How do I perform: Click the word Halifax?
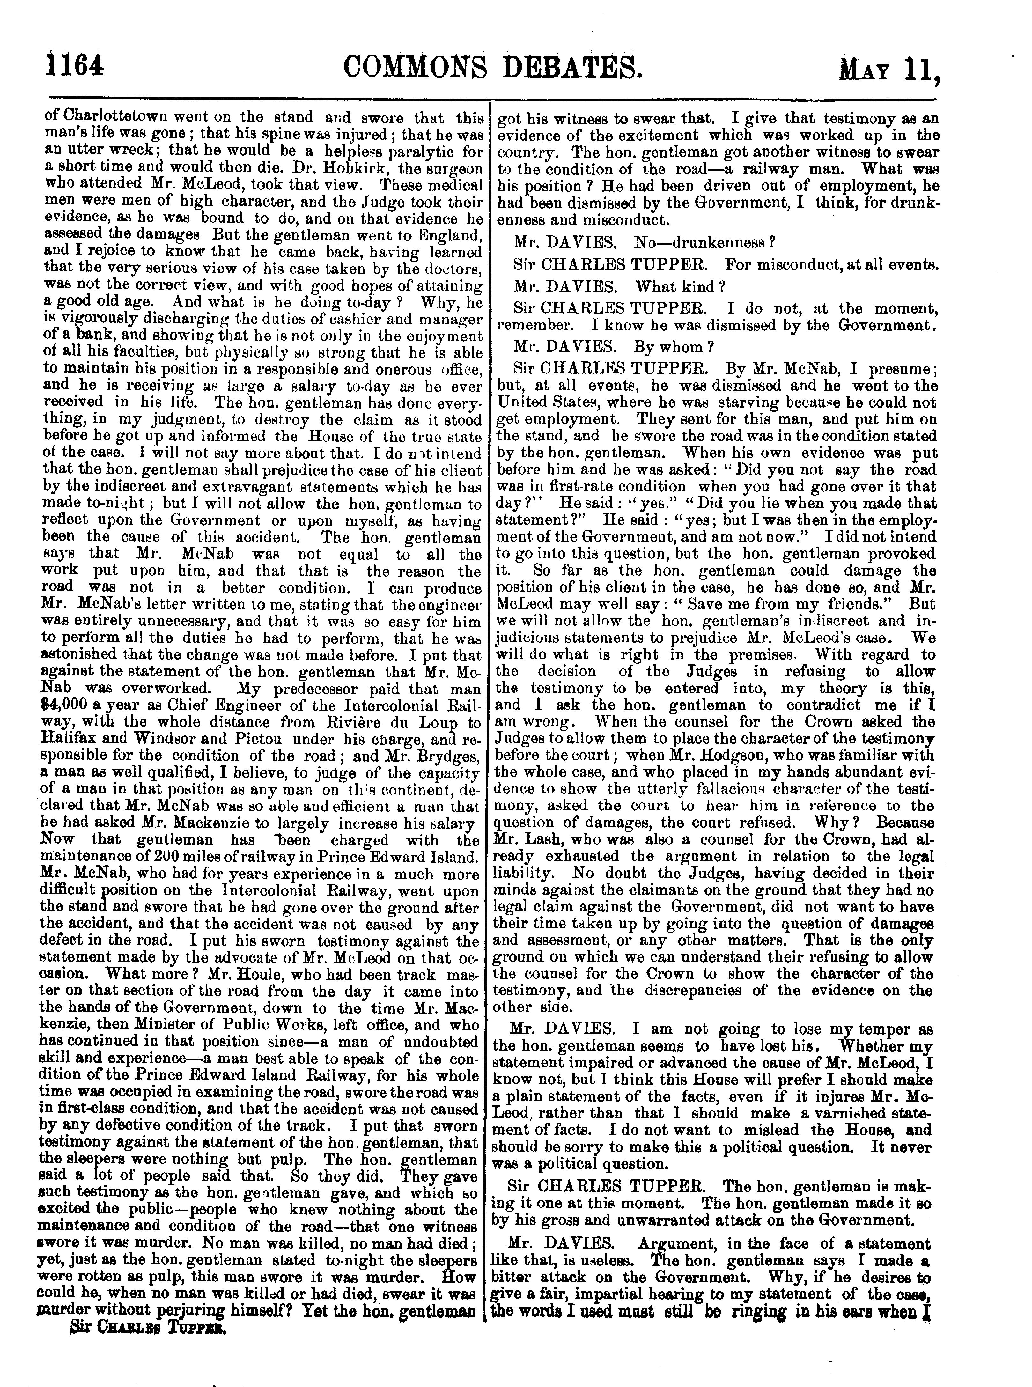(x=70, y=740)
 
